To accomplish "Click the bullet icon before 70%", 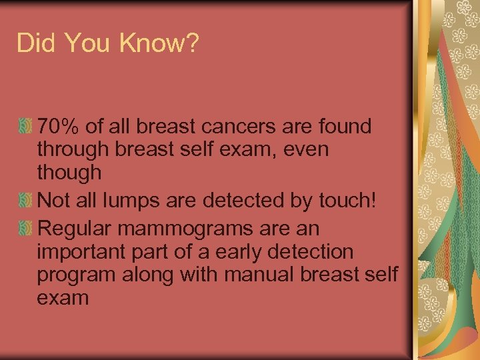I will point(25,125).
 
